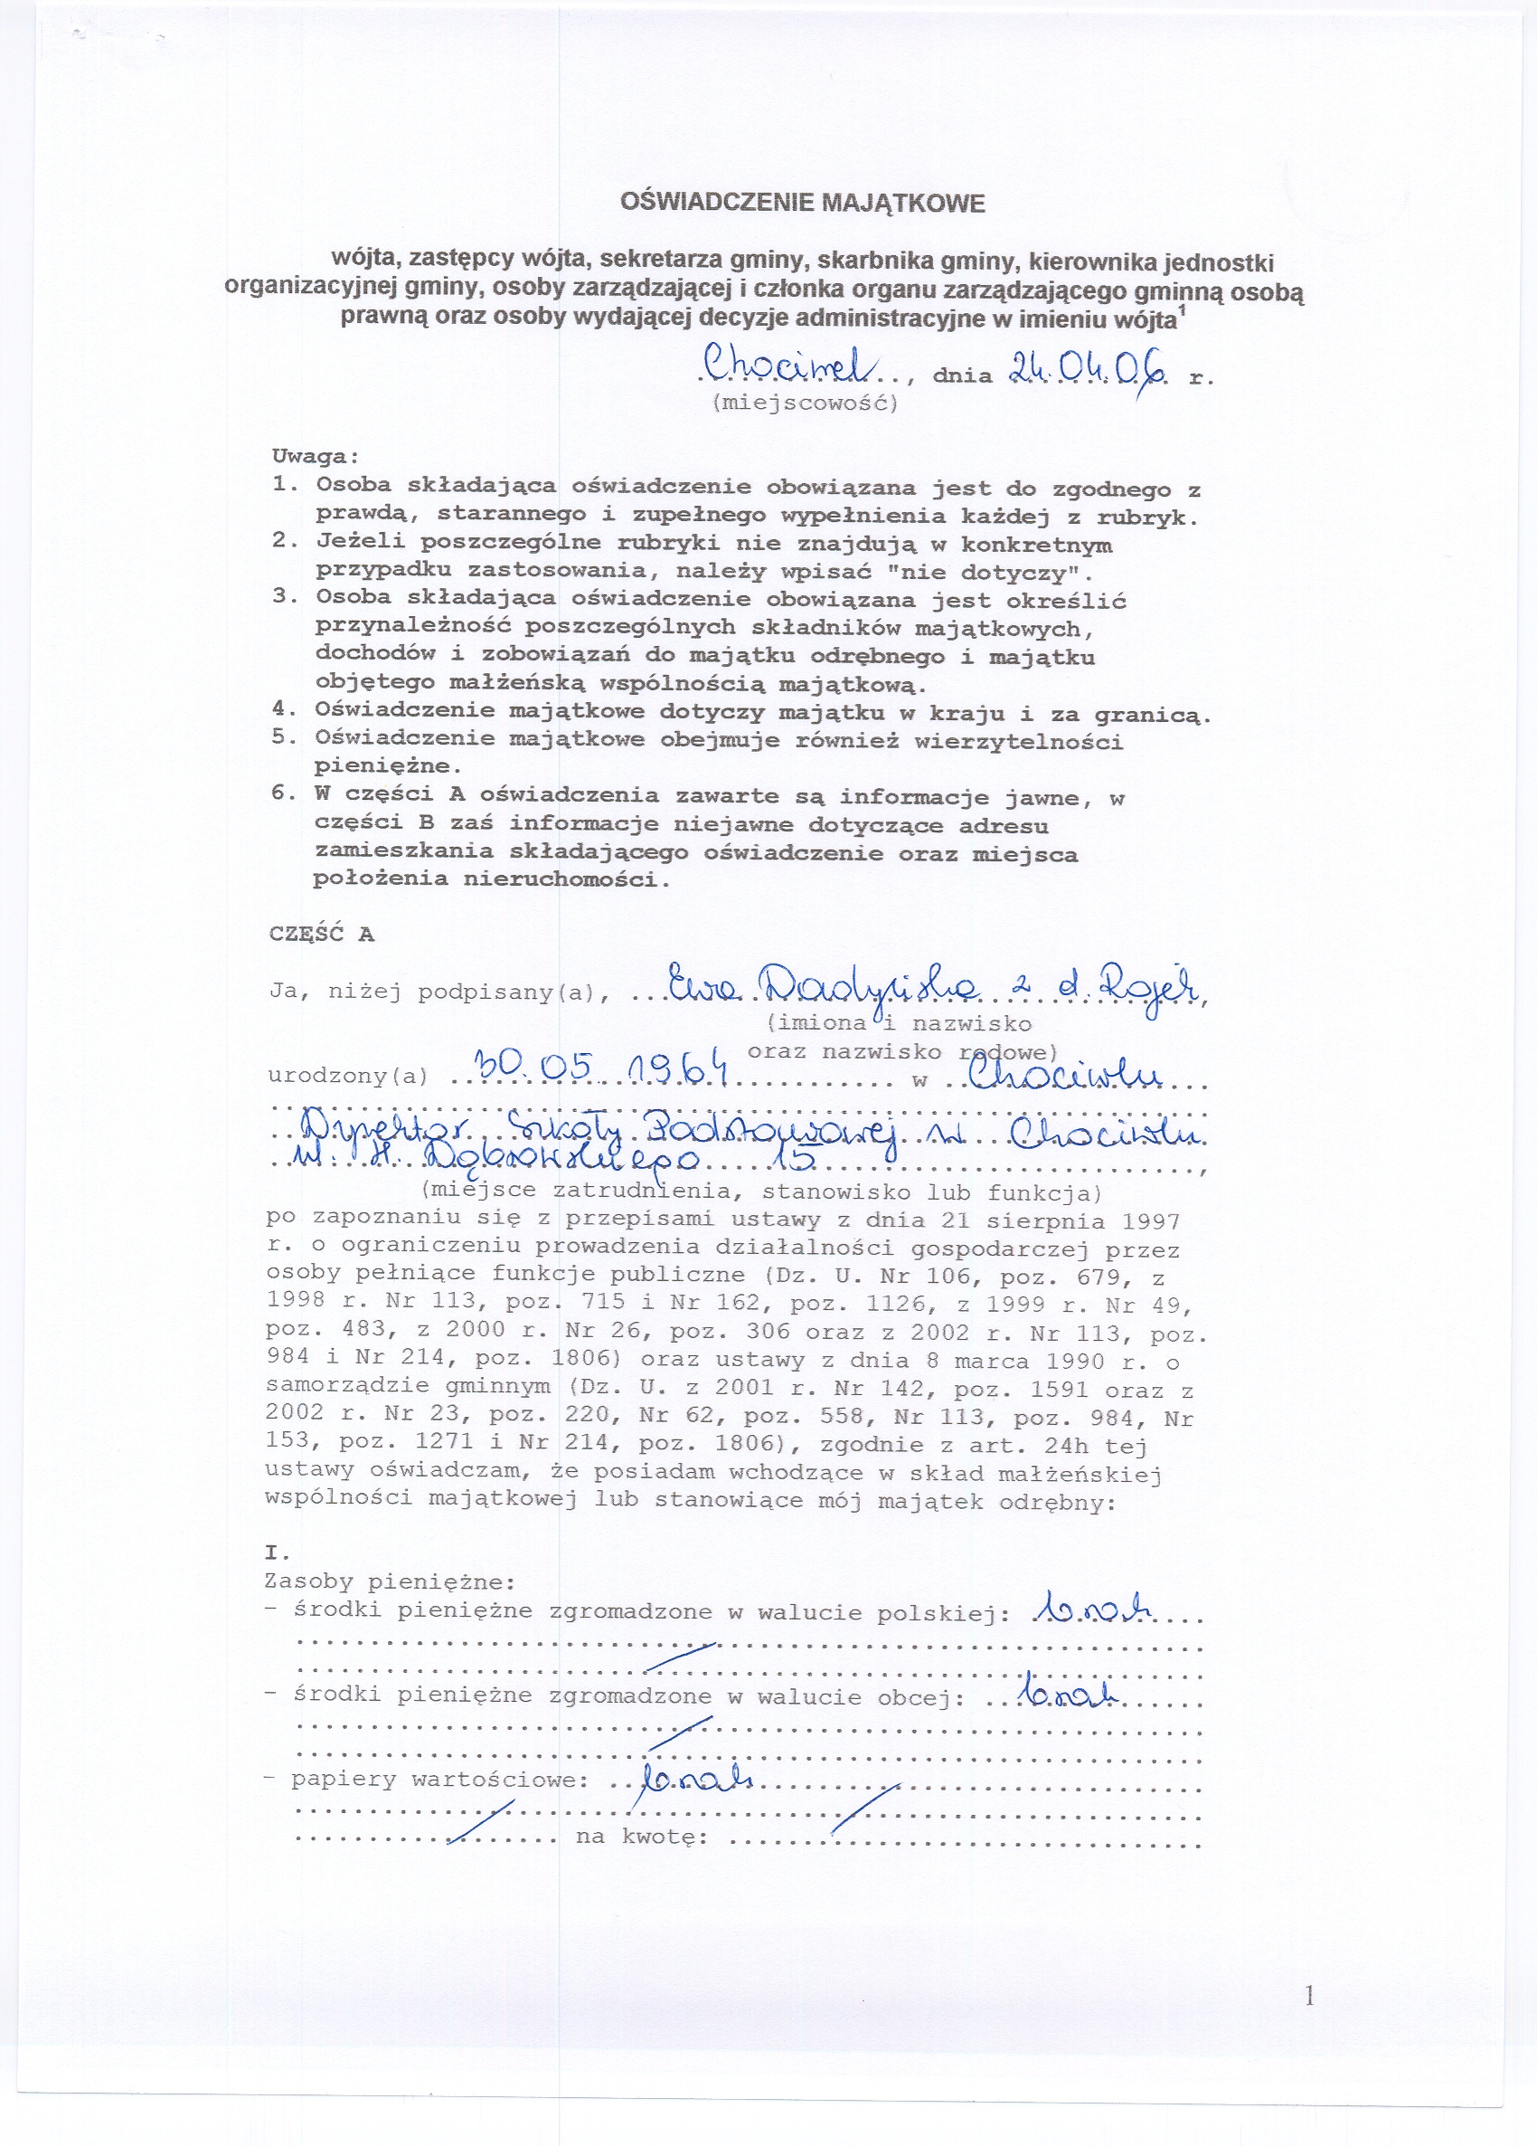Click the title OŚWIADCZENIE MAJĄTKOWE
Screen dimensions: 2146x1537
pyautogui.click(x=802, y=204)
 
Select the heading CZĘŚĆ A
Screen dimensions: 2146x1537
pyautogui.click(x=322, y=934)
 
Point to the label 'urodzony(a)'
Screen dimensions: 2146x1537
pyautogui.click(x=348, y=1076)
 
